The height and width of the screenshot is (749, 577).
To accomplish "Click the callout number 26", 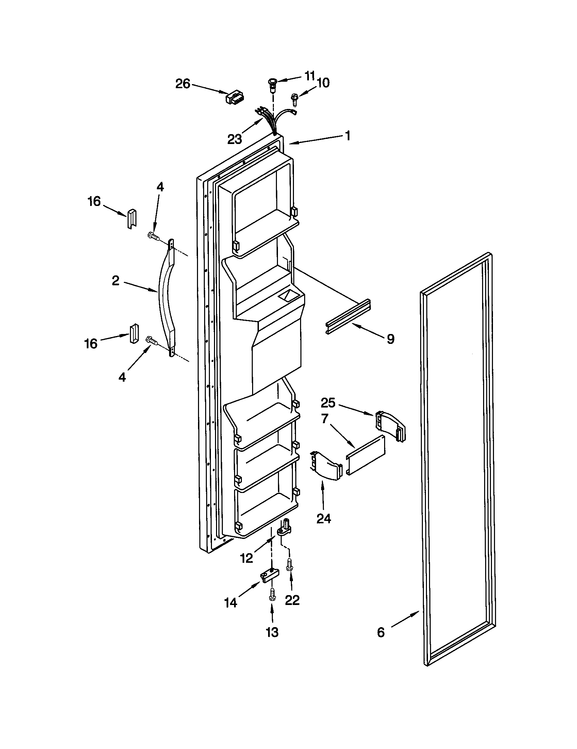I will coord(183,84).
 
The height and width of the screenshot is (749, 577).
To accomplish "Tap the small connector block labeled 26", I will coord(234,97).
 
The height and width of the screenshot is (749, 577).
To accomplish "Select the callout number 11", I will coord(309,76).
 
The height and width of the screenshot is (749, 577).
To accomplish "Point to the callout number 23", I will coord(235,139).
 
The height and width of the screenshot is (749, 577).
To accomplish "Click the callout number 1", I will coord(347,136).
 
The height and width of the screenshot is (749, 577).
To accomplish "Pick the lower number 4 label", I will coord(122,377).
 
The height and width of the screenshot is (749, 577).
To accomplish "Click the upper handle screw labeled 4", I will coord(153,236).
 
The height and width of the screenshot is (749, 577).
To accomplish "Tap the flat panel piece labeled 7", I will coord(365,455).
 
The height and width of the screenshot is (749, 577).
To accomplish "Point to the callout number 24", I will coord(324,519).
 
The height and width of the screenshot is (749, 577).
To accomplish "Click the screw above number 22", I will coord(289,563).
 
